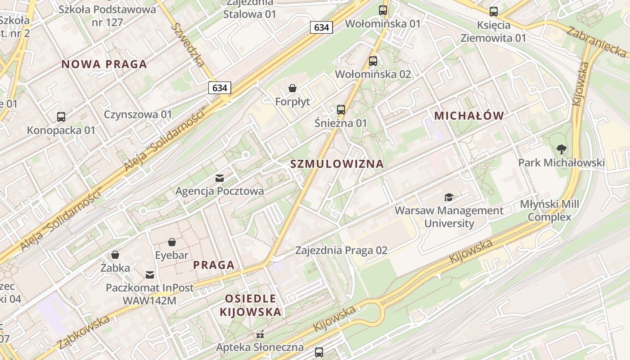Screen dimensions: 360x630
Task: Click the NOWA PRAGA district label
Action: pyautogui.click(x=104, y=64)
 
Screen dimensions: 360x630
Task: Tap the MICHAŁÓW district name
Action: pyautogui.click(x=469, y=116)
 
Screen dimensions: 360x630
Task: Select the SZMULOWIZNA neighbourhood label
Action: pyautogui.click(x=337, y=164)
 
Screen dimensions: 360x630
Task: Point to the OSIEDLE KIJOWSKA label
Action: pyautogui.click(x=251, y=305)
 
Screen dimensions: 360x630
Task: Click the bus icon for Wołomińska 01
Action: pyautogui.click(x=383, y=10)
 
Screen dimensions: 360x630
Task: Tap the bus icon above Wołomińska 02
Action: pyautogui.click(x=373, y=61)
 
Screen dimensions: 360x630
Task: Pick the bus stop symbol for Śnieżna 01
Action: pyautogui.click(x=341, y=109)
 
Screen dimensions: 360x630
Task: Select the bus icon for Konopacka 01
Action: pyautogui.click(x=61, y=117)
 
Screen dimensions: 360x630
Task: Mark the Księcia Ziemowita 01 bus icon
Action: pyautogui.click(x=494, y=12)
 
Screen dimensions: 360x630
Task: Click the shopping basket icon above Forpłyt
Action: pyautogui.click(x=292, y=88)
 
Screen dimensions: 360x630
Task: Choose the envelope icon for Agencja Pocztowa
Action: pyautogui.click(x=220, y=178)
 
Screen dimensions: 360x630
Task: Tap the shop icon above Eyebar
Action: pyautogui.click(x=171, y=243)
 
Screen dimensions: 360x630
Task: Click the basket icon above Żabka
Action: pyautogui.click(x=115, y=255)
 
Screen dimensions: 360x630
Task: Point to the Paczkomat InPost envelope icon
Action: pyautogui.click(x=150, y=274)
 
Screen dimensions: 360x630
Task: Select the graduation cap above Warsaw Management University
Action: pyautogui.click(x=449, y=197)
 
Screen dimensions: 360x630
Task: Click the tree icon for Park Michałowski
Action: pyautogui.click(x=561, y=149)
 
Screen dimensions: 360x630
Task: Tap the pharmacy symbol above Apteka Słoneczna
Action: pyautogui.click(x=260, y=334)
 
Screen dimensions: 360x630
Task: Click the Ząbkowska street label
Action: pyautogui.click(x=84, y=332)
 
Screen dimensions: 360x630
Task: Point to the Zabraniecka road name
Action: pyautogui.click(x=596, y=42)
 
